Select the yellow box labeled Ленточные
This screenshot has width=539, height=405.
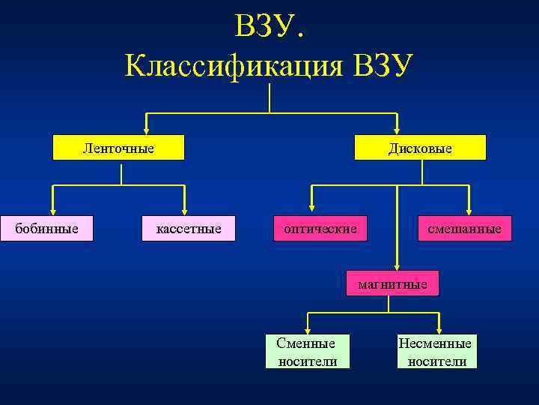[x=118, y=148]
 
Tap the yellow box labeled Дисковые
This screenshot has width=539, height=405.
[x=420, y=148]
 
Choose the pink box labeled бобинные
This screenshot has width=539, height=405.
[x=47, y=228]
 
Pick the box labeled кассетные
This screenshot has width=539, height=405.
[x=189, y=228]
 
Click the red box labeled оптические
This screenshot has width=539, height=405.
[x=320, y=228]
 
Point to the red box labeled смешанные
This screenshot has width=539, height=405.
[x=465, y=228]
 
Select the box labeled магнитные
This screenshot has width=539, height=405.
[x=392, y=283]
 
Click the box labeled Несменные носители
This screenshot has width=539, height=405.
[x=435, y=352]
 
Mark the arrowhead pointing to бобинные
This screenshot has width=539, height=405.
[x=53, y=211]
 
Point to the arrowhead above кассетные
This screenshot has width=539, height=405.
[x=184, y=211]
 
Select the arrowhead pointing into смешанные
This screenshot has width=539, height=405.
[x=469, y=211]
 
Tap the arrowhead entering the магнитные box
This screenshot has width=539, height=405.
[x=398, y=265]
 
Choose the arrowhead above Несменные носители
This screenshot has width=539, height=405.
[x=439, y=329]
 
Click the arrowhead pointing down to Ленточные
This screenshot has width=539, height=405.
[x=147, y=130]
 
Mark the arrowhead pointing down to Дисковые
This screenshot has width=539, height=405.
[x=397, y=130]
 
